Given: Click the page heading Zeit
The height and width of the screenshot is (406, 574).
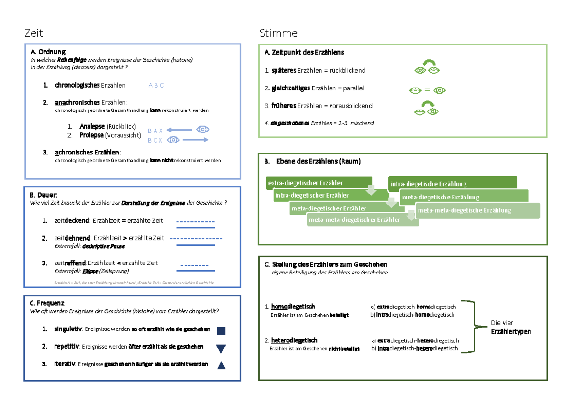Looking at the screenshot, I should [33, 33].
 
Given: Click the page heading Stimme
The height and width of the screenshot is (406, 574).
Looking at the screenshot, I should [278, 33].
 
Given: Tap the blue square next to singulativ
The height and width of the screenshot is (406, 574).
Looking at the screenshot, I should [221, 330].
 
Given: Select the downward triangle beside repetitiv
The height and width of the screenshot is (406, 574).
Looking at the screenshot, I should [221, 349].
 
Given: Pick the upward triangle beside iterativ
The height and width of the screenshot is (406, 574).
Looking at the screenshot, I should [221, 366].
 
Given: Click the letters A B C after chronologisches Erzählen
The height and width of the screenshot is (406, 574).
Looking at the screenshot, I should [156, 86].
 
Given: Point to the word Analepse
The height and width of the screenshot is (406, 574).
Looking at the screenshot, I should [92, 127].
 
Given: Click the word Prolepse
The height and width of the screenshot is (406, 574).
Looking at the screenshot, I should [91, 135].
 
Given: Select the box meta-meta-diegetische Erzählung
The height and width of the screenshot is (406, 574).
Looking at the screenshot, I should [477, 210].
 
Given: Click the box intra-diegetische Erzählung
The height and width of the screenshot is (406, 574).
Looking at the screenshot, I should [452, 184].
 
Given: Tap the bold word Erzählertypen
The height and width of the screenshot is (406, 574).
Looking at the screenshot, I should [511, 331].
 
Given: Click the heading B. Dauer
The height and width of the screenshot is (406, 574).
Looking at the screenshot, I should [44, 195].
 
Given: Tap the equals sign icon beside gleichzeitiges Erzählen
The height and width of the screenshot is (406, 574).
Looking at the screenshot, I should [427, 90].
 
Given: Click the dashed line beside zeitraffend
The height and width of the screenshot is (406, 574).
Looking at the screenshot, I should [194, 265].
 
